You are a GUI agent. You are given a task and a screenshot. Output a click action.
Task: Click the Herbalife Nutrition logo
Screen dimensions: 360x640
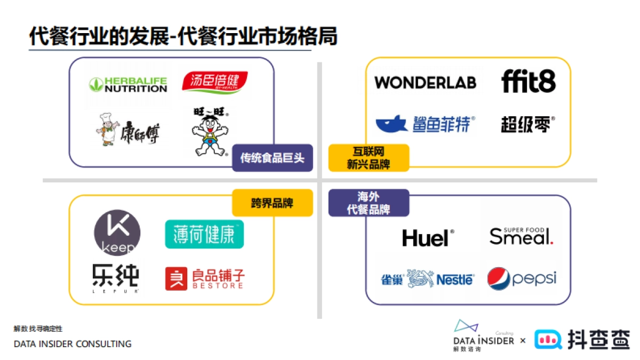pyautogui.click(x=128, y=84)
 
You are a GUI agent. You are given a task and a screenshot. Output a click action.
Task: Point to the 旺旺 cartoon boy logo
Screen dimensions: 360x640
pyautogui.click(x=210, y=131)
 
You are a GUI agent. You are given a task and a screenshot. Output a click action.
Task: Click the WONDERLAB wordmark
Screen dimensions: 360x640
pyautogui.click(x=425, y=82)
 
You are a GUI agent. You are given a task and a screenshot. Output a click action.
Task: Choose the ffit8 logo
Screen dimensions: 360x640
pyautogui.click(x=528, y=82)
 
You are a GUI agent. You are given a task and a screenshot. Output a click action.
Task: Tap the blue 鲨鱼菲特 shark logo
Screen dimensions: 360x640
pyautogui.click(x=425, y=124)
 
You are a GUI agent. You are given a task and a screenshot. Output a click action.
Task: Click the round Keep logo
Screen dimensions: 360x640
pyautogui.click(x=117, y=233)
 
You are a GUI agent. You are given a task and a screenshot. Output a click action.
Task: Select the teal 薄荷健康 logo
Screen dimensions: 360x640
pyautogui.click(x=204, y=234)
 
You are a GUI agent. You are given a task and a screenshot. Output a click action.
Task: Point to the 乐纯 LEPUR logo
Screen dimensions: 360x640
pyautogui.click(x=115, y=278)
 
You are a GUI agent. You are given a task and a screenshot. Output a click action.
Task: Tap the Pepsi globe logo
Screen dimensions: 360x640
pyautogui.click(x=521, y=278)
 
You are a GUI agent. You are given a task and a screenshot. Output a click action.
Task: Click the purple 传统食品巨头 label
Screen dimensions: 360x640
pyautogui.click(x=272, y=158)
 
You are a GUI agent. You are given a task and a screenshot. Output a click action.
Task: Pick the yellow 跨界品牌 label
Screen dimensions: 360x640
pyautogui.click(x=272, y=203)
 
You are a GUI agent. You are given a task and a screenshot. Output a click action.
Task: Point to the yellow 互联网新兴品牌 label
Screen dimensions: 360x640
pyautogui.click(x=369, y=158)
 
